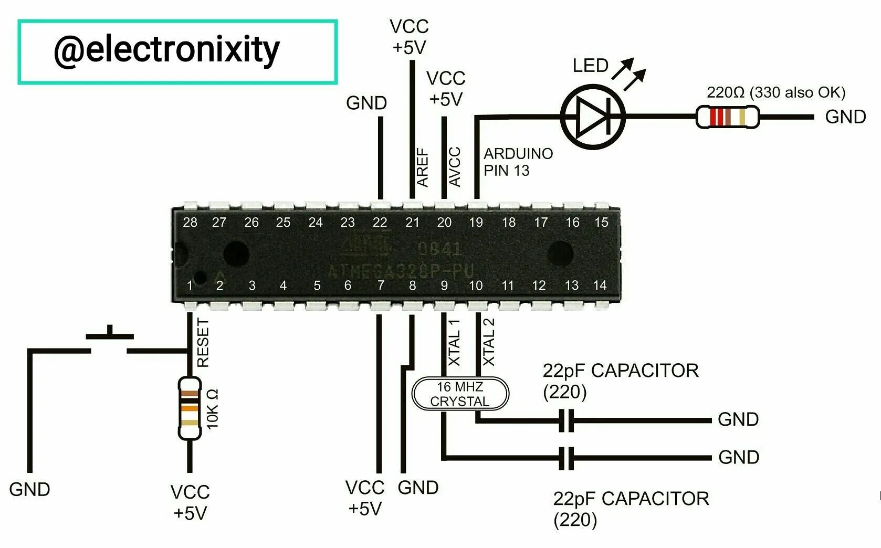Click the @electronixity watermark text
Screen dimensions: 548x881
(x=166, y=50)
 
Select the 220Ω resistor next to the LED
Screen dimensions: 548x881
(x=727, y=117)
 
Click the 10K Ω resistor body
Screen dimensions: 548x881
(x=189, y=408)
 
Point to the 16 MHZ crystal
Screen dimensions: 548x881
(x=460, y=394)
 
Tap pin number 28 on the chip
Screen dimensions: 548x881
(x=190, y=223)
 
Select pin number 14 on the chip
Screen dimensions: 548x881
(x=600, y=285)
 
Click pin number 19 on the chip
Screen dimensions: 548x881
(x=476, y=223)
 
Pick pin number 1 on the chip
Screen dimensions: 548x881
(x=190, y=286)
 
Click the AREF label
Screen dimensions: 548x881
(x=423, y=167)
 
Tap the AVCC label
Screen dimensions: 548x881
(x=455, y=167)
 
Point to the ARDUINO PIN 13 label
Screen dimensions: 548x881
(x=518, y=162)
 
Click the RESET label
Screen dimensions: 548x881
(x=203, y=343)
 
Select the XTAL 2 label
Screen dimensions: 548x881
(x=489, y=342)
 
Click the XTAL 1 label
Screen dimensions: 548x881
(x=455, y=342)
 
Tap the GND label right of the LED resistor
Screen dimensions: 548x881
(x=845, y=117)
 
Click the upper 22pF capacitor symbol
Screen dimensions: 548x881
(x=566, y=420)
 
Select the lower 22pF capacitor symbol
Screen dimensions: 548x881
(x=566, y=458)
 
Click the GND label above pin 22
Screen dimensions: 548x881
(x=366, y=103)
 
